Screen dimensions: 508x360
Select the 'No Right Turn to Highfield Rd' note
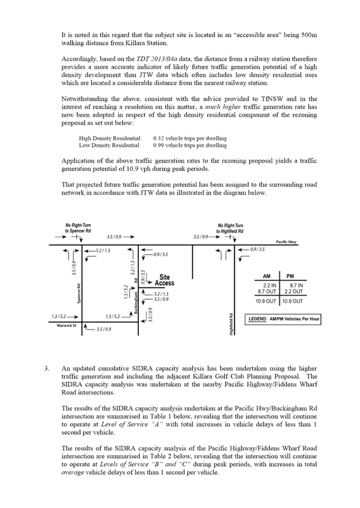click(229, 227)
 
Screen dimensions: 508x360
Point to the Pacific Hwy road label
click(286, 242)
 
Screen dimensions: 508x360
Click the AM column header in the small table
click(266, 276)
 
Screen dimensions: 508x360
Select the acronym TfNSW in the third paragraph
click(308, 100)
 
